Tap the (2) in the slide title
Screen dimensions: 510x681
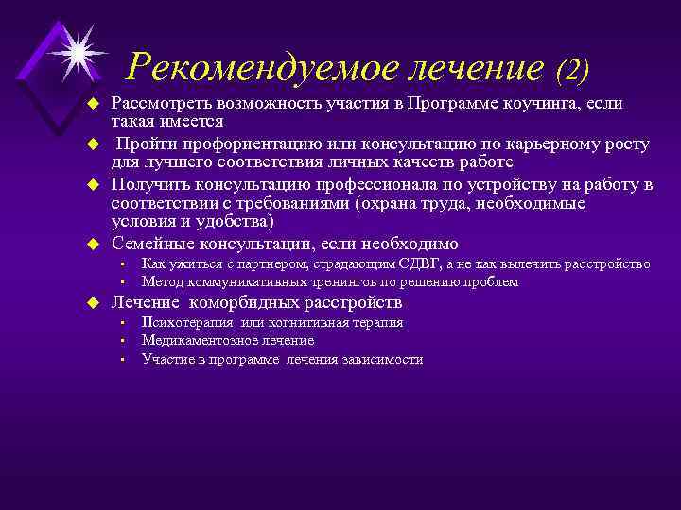(572, 68)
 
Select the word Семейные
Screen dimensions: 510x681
(150, 243)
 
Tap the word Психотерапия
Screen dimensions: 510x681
(182, 323)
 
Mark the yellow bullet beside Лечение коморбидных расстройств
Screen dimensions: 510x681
(93, 303)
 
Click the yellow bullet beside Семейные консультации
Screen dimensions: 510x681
(93, 244)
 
